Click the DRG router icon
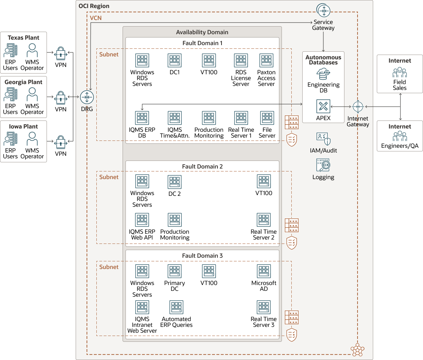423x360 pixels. (87, 97)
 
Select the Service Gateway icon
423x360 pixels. (323, 10)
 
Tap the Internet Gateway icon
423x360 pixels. (358, 107)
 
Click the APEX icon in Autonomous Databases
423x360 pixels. (323, 106)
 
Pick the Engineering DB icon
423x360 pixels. (323, 74)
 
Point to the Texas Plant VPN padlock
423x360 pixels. (61, 53)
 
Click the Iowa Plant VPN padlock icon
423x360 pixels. (61, 142)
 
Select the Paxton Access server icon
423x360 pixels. (266, 61)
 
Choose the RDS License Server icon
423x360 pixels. (241, 61)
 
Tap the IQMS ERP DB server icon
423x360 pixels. (142, 118)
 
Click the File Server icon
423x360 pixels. (267, 118)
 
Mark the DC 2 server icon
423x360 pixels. (175, 182)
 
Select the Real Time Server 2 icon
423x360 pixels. (264, 220)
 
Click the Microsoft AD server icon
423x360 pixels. (264, 271)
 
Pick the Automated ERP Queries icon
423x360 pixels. (176, 307)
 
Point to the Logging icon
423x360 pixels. (323, 165)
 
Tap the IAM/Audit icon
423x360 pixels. (323, 139)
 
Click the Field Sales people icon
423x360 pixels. (399, 72)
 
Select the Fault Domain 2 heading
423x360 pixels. (202, 166)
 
